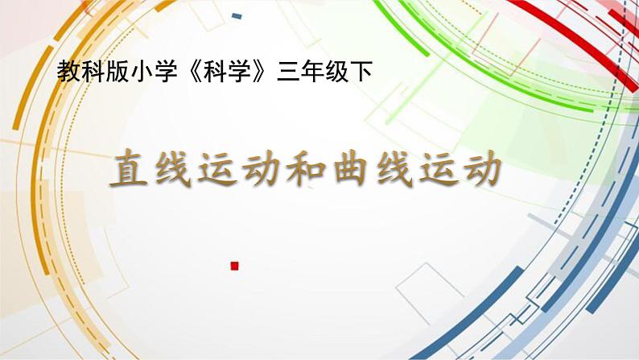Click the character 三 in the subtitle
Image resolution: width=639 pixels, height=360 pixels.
pyautogui.click(x=286, y=73)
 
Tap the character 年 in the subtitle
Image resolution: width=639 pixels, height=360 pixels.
pyautogui.click(x=308, y=73)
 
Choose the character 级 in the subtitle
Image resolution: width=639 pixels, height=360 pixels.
pyautogui.click(x=331, y=73)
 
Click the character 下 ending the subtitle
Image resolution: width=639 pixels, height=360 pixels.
pyautogui.click(x=353, y=73)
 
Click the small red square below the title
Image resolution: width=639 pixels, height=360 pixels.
pyautogui.click(x=235, y=264)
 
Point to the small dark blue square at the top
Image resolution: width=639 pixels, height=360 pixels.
pyautogui.click(x=237, y=16)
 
